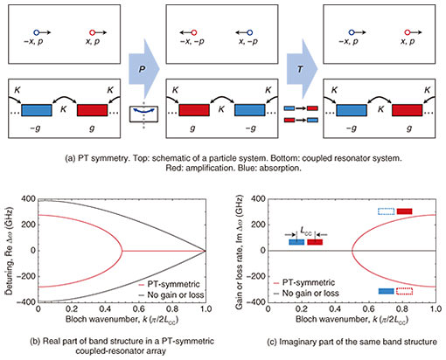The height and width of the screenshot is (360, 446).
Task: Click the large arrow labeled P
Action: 143,69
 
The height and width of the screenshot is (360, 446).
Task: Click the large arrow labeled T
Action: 302,69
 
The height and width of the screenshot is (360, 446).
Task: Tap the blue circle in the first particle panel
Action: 36,32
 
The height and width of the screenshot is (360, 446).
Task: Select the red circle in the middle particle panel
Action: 194,32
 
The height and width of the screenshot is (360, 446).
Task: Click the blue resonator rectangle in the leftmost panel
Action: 37,110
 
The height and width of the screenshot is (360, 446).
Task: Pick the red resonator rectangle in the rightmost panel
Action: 407,110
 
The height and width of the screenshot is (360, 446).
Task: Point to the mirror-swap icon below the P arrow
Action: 143,114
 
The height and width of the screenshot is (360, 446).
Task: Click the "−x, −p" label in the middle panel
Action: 192,41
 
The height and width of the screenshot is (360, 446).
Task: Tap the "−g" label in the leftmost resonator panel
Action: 35,128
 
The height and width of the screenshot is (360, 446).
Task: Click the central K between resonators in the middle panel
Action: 221,109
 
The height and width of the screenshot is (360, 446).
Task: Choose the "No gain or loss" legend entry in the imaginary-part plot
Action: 306,293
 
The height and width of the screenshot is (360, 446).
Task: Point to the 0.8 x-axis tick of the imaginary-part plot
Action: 402,308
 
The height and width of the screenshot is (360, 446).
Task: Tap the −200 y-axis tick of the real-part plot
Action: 26,276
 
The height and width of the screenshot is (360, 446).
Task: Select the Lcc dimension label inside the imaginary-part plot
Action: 306,232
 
